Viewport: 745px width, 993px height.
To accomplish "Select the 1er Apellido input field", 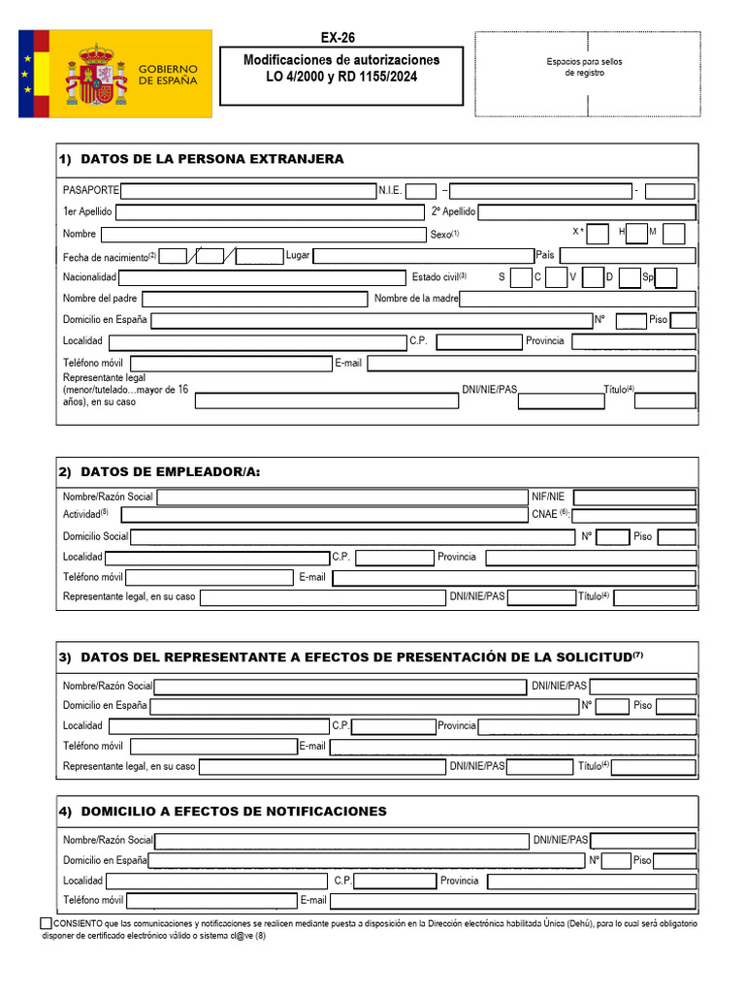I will pyautogui.click(x=270, y=211).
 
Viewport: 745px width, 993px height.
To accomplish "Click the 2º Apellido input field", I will pyautogui.click(x=587, y=211).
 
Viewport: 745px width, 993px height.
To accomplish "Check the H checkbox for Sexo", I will pyautogui.click(x=636, y=233).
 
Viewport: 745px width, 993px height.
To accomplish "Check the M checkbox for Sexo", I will pyautogui.click(x=674, y=233).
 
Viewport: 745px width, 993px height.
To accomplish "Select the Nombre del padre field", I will pyautogui.click(x=253, y=299).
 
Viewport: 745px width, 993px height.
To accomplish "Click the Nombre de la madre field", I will pyautogui.click(x=577, y=299).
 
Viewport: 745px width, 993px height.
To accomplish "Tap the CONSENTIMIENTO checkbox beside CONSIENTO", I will pyautogui.click(x=47, y=924).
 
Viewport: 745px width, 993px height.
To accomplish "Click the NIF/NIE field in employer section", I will pyautogui.click(x=634, y=497).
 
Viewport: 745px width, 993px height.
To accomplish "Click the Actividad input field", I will pyautogui.click(x=323, y=515).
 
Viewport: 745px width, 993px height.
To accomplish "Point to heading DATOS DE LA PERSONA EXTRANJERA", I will pyautogui.click(x=211, y=159).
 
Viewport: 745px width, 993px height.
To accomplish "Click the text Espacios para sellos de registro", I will pyautogui.click(x=585, y=67).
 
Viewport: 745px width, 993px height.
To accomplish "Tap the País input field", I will pyautogui.click(x=627, y=255).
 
